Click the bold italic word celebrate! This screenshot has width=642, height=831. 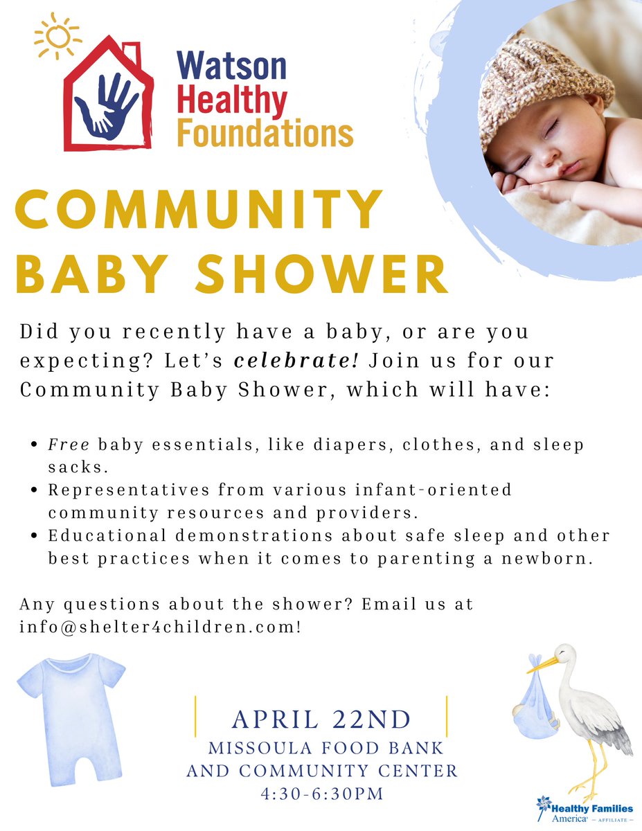(296, 361)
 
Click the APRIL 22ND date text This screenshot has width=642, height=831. (321, 720)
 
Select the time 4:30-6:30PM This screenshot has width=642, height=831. (321, 794)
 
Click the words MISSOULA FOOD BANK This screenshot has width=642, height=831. (326, 749)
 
